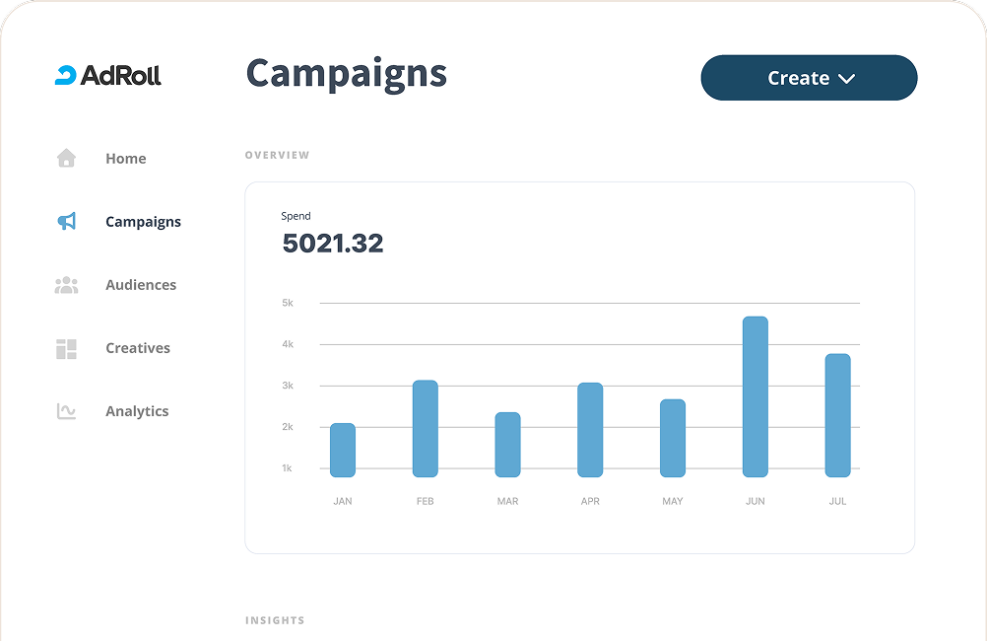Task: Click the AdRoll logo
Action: click(107, 75)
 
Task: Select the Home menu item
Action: click(125, 159)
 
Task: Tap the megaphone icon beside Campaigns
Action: click(66, 222)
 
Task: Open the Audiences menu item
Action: click(141, 285)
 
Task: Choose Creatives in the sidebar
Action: click(137, 348)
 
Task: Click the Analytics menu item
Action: click(136, 411)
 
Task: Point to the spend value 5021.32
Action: click(332, 243)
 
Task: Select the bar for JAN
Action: click(343, 451)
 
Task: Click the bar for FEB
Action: click(425, 429)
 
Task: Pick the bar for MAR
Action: click(507, 445)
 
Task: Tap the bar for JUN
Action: click(755, 397)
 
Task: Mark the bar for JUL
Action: click(837, 415)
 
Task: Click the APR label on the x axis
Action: click(590, 502)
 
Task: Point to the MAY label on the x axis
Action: click(673, 502)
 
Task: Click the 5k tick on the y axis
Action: click(288, 303)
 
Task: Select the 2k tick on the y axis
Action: click(288, 427)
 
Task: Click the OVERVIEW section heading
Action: click(277, 155)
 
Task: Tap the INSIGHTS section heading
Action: click(275, 620)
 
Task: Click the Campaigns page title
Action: click(346, 74)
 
